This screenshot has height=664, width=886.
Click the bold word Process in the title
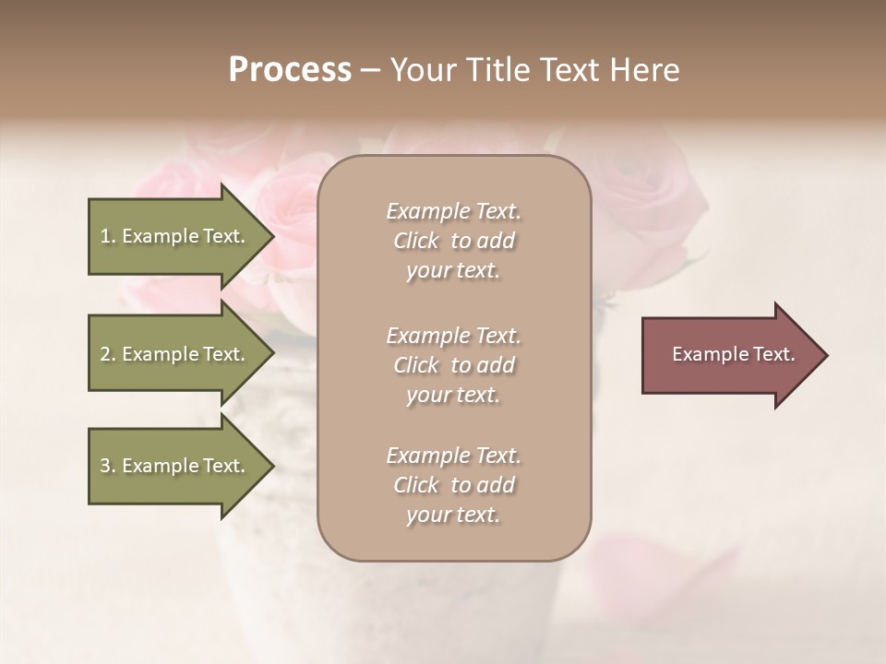[290, 70]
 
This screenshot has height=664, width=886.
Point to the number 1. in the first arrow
[108, 236]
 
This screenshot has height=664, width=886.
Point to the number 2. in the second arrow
[108, 354]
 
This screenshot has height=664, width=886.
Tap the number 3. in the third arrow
[108, 466]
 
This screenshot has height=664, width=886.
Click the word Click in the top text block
[416, 241]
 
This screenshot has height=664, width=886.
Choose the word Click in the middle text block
[416, 365]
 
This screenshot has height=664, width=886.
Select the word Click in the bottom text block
[416, 485]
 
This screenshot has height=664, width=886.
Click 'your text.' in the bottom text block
[453, 515]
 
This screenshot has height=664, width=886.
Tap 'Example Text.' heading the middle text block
[453, 336]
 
